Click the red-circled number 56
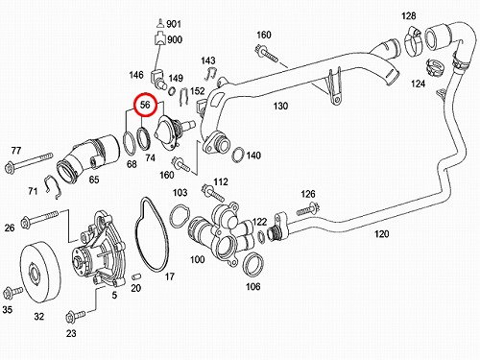[x=145, y=105]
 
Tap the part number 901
[x=174, y=24]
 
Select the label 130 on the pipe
[x=280, y=106]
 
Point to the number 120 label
[x=382, y=234]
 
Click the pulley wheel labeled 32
[x=40, y=273]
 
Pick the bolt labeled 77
[x=28, y=162]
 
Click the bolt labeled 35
[x=12, y=293]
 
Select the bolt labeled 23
[x=75, y=316]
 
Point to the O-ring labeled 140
[x=238, y=156]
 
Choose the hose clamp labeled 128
[x=413, y=40]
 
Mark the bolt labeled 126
[x=308, y=210]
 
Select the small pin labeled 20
[x=136, y=276]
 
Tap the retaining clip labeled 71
[x=53, y=187]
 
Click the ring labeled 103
[x=180, y=217]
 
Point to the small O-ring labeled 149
[x=172, y=91]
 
